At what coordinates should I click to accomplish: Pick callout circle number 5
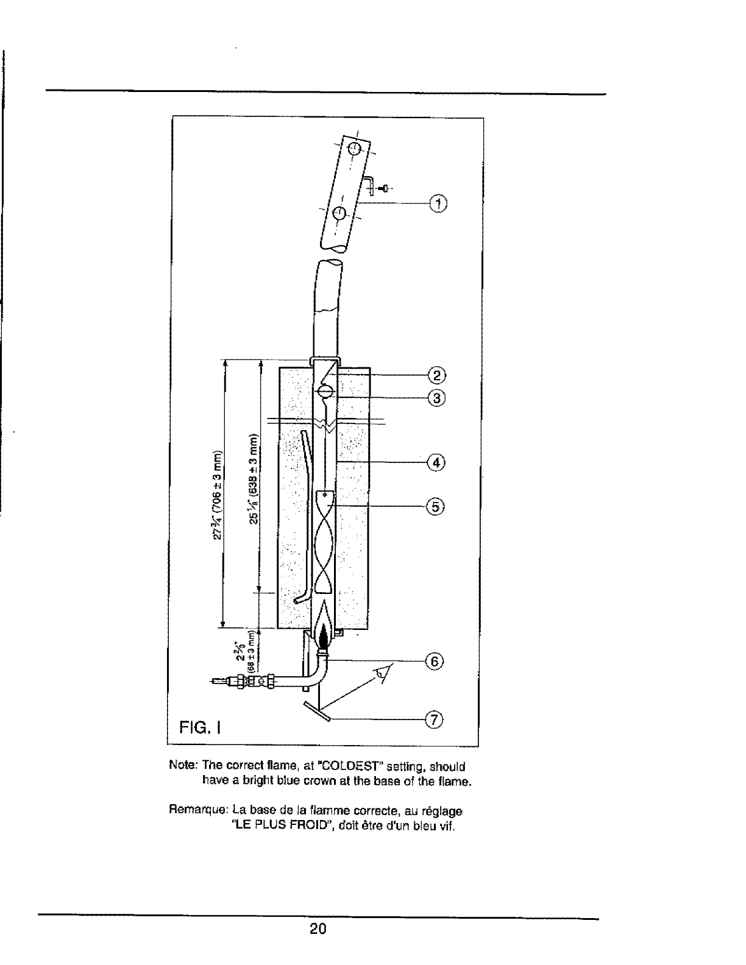point(436,506)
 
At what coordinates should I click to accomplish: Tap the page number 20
point(318,929)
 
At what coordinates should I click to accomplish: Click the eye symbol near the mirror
point(382,673)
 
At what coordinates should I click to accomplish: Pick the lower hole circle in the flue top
point(340,213)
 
